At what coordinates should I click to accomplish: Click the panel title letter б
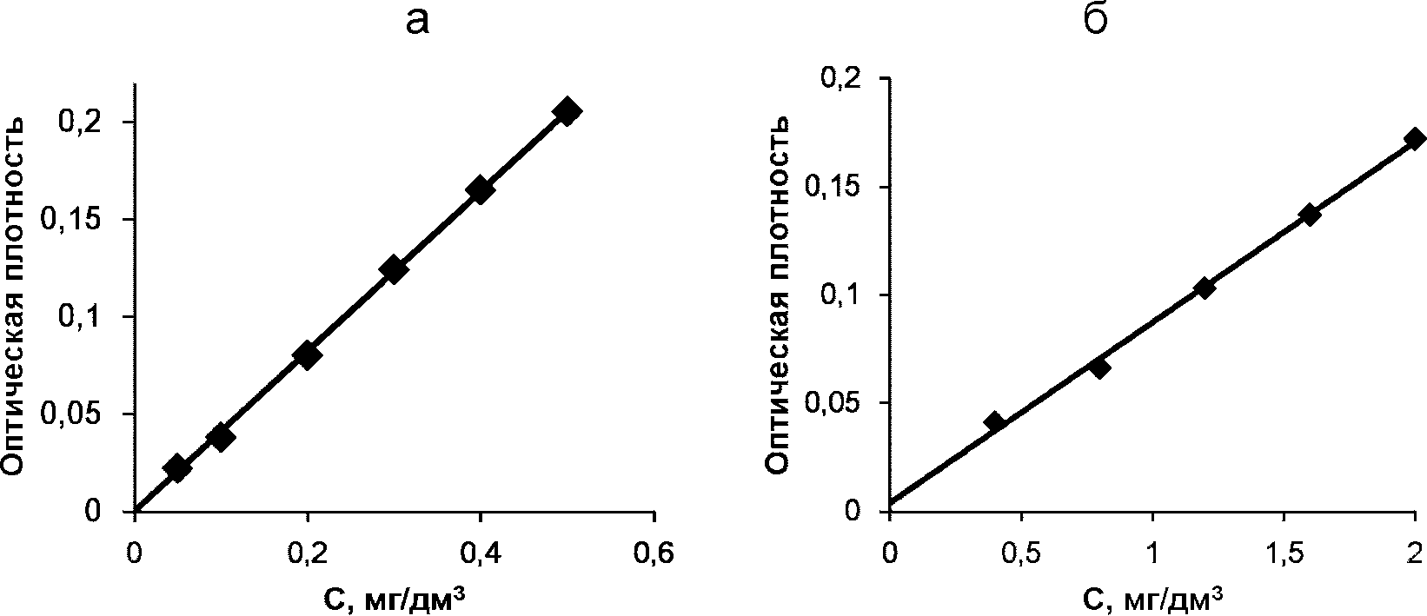point(1096,19)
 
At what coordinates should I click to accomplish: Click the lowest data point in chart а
point(177,468)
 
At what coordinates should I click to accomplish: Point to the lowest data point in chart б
point(994,421)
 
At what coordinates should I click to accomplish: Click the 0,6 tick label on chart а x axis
point(653,536)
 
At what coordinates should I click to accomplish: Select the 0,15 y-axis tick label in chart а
point(71,220)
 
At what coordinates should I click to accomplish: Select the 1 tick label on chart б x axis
point(1152,536)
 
